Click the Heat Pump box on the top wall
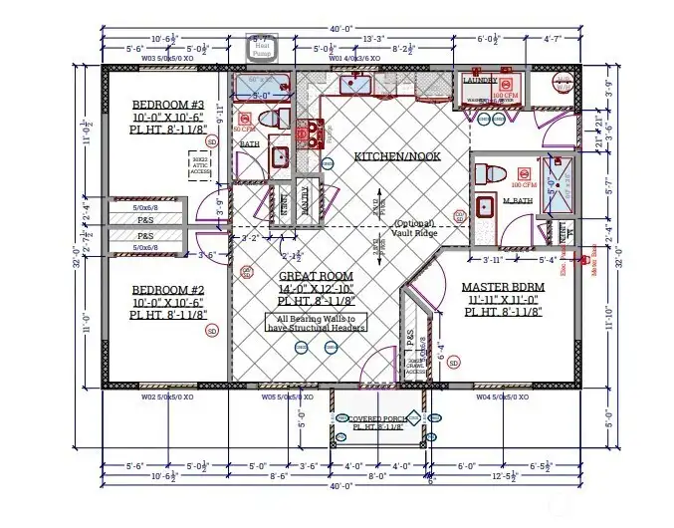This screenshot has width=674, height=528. [x=263, y=47]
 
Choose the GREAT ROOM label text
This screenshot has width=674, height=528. [x=314, y=276]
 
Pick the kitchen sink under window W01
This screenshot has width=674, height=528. [x=354, y=84]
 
